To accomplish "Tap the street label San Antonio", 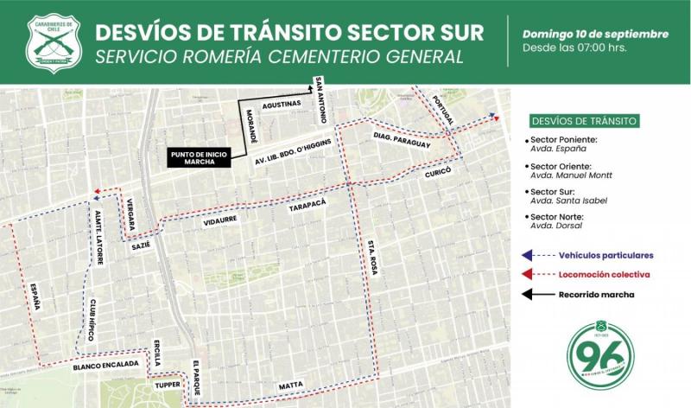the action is (x=320, y=95).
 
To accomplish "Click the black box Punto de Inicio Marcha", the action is (x=199, y=157).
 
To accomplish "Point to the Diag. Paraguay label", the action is (x=401, y=141).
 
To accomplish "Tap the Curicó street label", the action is (x=438, y=173).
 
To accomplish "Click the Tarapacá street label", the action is (x=307, y=207).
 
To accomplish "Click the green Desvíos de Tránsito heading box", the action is (x=586, y=119).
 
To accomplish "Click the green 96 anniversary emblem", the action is (x=601, y=356).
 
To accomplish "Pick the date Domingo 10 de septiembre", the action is (x=595, y=34).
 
